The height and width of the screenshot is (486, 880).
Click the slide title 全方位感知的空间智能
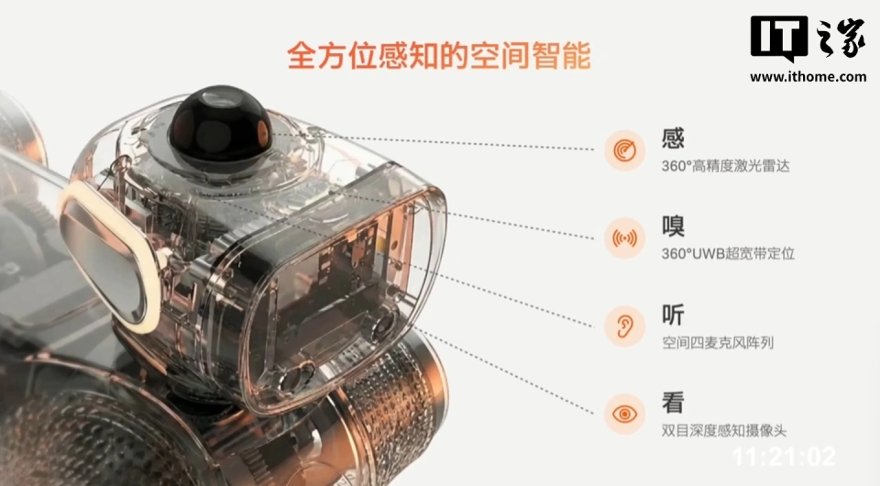(x=438, y=55)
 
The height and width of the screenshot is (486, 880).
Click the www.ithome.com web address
(x=808, y=77)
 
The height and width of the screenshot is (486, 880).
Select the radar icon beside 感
(x=624, y=150)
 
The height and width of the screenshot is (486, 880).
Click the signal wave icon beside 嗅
(x=624, y=238)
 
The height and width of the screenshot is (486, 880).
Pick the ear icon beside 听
(x=624, y=326)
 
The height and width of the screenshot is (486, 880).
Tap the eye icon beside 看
(x=624, y=414)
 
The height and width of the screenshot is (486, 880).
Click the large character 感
(x=673, y=138)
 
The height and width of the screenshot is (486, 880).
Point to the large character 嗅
(x=673, y=226)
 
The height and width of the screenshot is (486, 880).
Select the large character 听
(x=673, y=315)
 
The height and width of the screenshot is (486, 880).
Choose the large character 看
(x=673, y=403)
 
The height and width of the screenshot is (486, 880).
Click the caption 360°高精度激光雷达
(x=726, y=166)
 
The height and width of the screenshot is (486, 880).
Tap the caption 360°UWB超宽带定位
(x=728, y=254)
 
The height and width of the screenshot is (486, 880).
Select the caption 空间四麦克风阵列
(x=718, y=342)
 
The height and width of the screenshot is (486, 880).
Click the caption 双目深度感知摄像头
(x=724, y=430)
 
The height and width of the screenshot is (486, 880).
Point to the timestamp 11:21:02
(x=785, y=457)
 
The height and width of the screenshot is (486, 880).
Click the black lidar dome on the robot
(x=219, y=122)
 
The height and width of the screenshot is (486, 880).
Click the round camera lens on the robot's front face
(x=385, y=324)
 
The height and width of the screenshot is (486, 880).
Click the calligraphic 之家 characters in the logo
(x=840, y=39)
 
